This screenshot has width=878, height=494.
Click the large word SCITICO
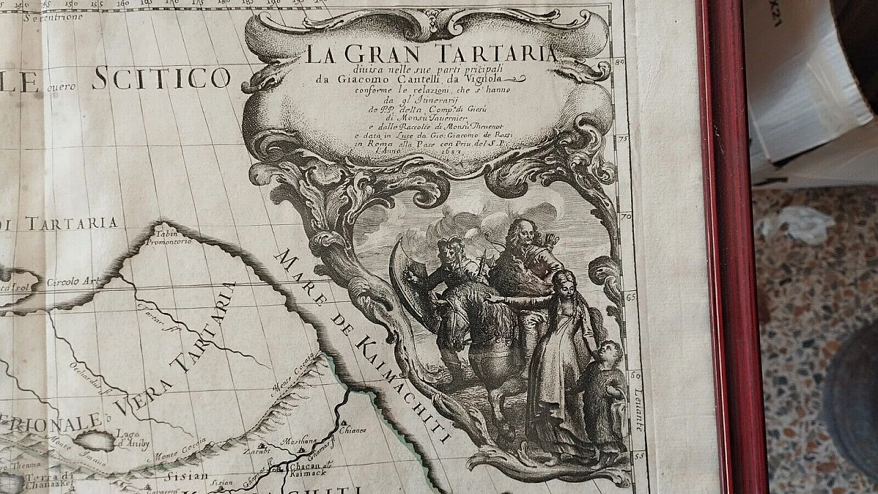(161, 78)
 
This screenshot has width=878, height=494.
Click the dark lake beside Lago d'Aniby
(94, 440)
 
